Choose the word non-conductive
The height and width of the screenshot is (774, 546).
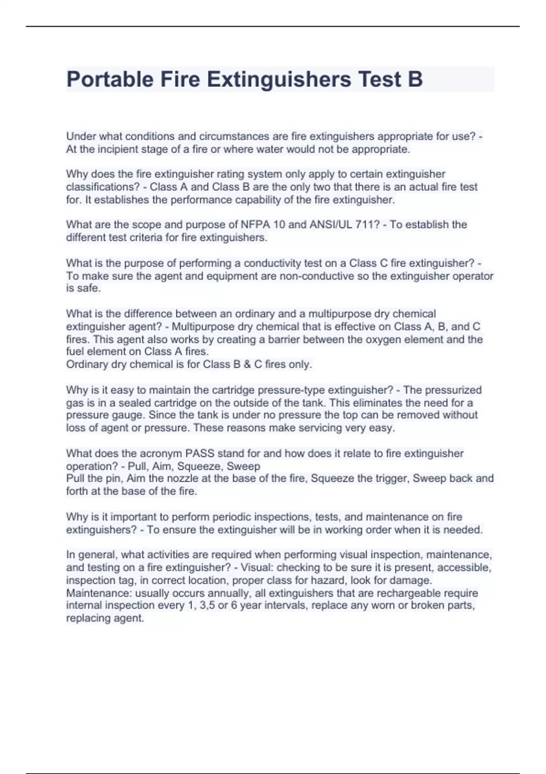pyautogui.click(x=323, y=276)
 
